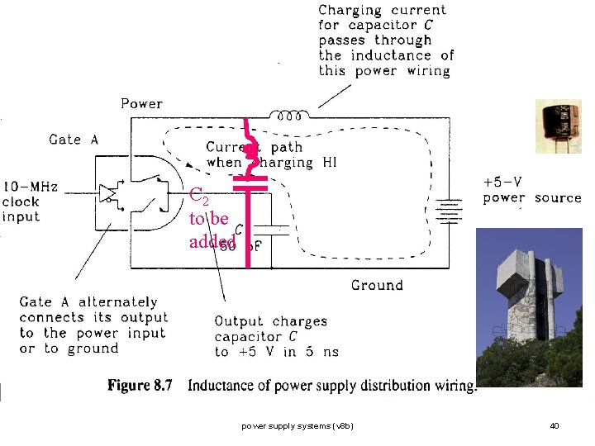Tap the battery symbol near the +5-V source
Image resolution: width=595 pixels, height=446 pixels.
448,212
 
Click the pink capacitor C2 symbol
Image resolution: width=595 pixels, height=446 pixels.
249,182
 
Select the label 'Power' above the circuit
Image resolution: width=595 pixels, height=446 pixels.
142,103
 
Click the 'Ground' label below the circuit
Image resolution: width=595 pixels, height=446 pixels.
377,286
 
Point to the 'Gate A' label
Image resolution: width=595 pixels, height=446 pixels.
74,140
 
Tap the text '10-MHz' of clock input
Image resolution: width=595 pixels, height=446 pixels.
31,187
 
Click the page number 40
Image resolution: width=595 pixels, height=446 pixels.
555,426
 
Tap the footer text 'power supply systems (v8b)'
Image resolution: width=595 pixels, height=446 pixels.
297,426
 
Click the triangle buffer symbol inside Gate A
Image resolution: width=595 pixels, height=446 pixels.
107,193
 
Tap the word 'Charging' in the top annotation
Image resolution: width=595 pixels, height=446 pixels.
350,11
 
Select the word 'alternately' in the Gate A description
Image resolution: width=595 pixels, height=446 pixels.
120,302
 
